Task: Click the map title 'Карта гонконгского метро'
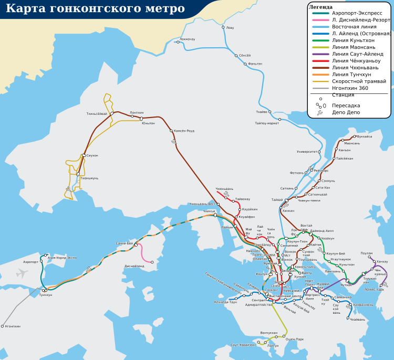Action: point(95,9)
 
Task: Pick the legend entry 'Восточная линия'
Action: point(354,26)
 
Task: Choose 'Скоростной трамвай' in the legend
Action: point(359,81)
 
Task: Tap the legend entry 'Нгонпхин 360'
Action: point(350,88)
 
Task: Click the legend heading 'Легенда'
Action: point(320,6)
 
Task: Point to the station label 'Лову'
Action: point(230,28)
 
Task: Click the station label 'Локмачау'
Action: point(187,39)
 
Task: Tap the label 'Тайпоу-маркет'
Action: point(267,123)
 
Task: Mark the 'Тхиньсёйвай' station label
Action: point(97,114)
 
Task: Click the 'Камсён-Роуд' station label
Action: point(184,131)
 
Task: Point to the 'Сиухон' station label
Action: point(92,155)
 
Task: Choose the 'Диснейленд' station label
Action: point(134,266)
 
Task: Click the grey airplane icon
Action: point(22,273)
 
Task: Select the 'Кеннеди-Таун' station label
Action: point(226,302)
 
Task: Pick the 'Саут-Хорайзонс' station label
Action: point(243,345)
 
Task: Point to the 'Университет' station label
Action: point(307,152)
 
